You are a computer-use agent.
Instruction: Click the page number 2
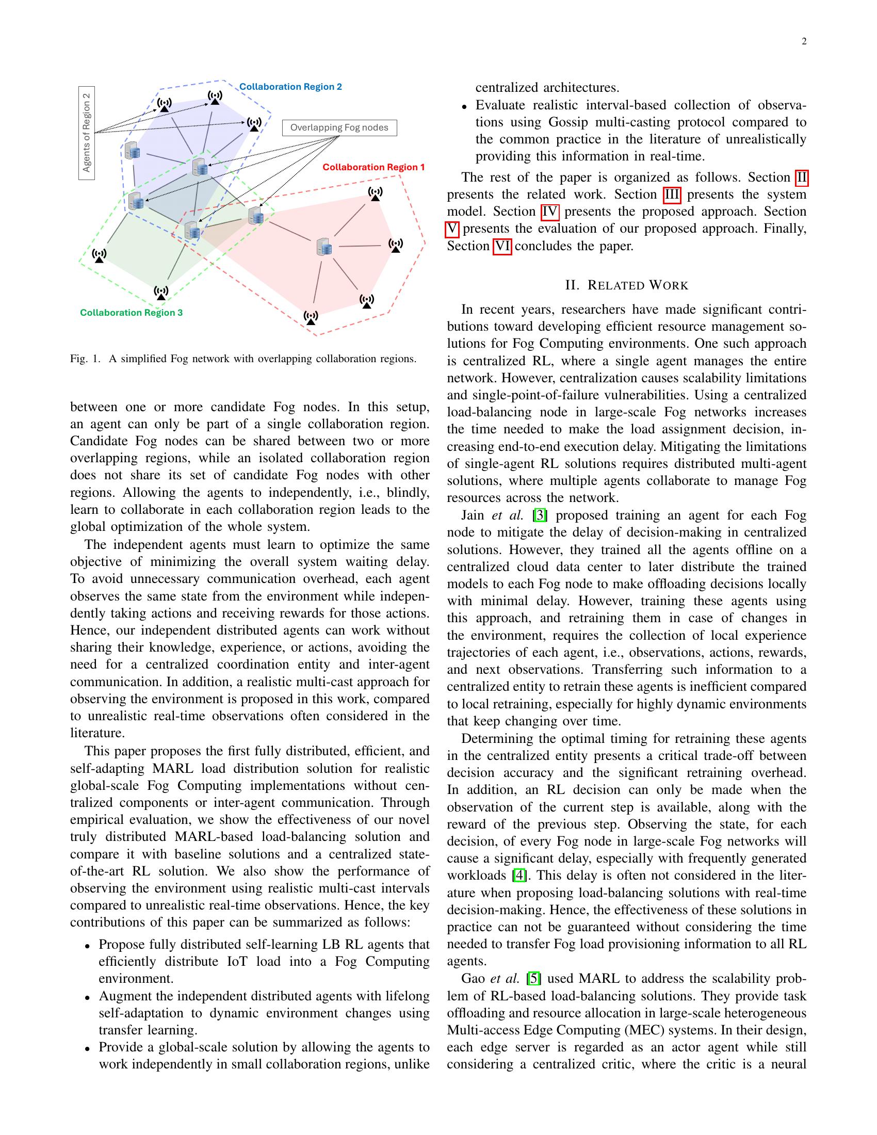click(x=804, y=42)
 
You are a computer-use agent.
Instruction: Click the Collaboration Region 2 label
click(x=290, y=87)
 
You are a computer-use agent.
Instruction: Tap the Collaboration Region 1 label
click(x=373, y=167)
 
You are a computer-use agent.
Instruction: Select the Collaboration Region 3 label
click(x=131, y=312)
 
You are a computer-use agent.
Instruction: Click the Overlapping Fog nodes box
click(x=339, y=128)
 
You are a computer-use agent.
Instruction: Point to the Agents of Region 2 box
click(x=87, y=133)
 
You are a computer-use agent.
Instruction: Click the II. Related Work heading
click(x=627, y=285)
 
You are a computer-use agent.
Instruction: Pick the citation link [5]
click(x=534, y=979)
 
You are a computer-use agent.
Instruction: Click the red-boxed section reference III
click(x=672, y=194)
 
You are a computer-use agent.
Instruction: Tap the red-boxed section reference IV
click(x=550, y=212)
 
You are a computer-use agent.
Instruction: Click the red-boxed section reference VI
click(x=502, y=246)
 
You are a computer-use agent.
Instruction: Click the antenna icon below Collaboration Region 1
click(x=375, y=194)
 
